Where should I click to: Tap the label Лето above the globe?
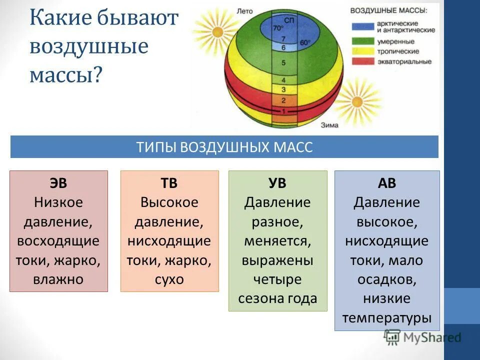coord(245,10)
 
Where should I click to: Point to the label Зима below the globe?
coord(330,125)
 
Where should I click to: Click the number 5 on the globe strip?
coord(284,63)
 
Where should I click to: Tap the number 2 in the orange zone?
coord(283,100)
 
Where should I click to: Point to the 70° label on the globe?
coord(278,28)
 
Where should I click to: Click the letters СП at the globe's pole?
coord(289,19)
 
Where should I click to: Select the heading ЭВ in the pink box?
coord(58,183)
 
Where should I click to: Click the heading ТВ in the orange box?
coord(169,183)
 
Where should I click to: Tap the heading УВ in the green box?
coord(277,183)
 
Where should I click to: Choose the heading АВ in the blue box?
coord(387,183)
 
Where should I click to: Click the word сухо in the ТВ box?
coord(169,279)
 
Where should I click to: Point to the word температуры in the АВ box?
coord(387,317)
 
